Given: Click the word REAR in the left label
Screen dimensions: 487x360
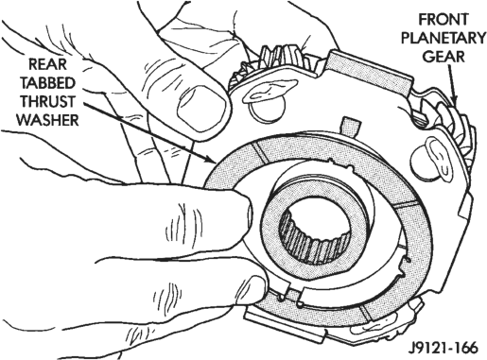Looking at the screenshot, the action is point(48,64).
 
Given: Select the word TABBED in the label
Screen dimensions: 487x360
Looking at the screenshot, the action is point(48,83).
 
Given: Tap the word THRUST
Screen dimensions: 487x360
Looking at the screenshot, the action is point(47,102).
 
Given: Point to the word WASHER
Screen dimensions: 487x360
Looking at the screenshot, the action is point(47,120).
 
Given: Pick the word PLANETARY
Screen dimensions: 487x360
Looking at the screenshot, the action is point(444,38).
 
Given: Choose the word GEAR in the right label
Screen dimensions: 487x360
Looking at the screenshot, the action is point(444,57).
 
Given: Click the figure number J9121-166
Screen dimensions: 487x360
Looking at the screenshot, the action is point(443,348).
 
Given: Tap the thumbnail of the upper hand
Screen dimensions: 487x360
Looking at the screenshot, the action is point(201,107).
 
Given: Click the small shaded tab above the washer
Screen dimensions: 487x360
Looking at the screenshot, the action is point(350,127).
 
